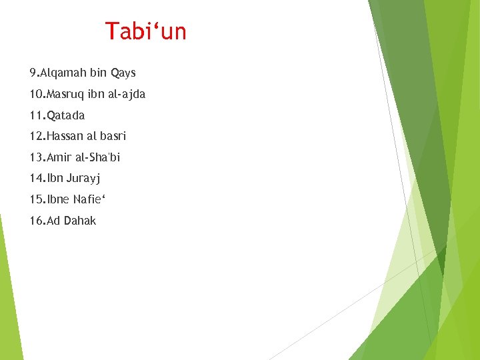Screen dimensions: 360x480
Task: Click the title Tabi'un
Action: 146,31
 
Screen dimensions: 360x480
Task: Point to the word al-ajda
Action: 125,94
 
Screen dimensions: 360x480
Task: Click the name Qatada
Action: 66,115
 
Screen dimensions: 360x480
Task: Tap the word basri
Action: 113,136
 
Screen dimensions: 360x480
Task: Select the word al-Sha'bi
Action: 99,157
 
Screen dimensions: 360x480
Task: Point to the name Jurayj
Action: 83,179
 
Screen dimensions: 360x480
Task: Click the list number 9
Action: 33,73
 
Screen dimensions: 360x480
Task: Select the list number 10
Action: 36,94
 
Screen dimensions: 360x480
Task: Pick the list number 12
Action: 36,136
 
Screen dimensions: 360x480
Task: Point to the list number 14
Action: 36,179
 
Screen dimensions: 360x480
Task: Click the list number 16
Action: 36,221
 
